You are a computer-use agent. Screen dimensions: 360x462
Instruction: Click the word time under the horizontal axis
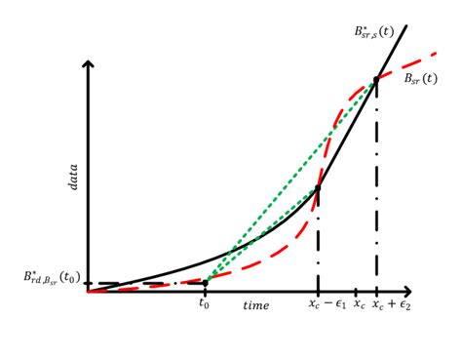256,305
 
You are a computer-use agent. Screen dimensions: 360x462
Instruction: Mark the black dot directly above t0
206,283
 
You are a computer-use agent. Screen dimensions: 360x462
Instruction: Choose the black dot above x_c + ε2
376,79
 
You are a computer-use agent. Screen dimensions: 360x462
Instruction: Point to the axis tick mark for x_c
355,292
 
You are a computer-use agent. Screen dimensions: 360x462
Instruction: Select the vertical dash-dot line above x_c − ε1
319,244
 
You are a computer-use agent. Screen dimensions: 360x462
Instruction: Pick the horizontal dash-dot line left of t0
146,283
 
